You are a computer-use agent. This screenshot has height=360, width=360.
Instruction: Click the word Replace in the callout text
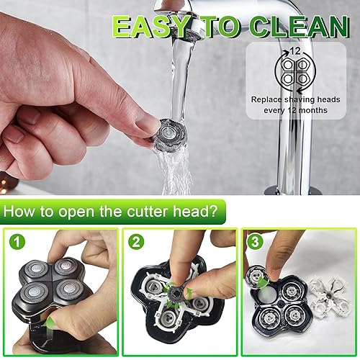click(x=268, y=99)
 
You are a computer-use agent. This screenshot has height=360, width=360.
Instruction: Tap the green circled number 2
click(x=135, y=241)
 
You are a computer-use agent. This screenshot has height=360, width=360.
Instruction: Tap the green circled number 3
click(x=254, y=241)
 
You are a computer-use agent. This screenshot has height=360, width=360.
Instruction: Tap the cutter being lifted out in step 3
click(x=257, y=275)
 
